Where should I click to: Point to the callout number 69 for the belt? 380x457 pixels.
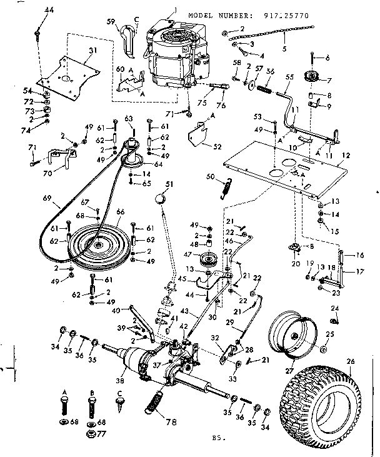(46, 199)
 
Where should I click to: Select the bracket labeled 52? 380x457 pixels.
(199, 134)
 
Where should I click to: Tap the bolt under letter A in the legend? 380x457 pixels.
(64, 411)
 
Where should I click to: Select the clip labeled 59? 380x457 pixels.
(129, 38)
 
